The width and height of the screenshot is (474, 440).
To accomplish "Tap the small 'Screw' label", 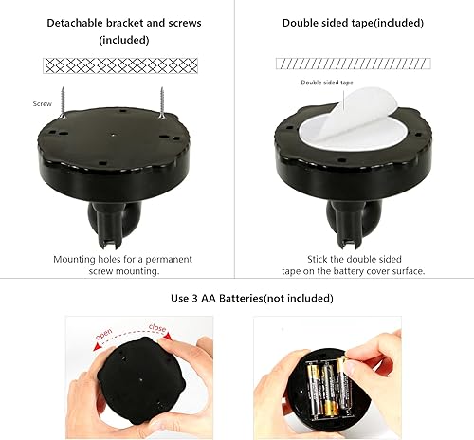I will pyautogui.click(x=42, y=104).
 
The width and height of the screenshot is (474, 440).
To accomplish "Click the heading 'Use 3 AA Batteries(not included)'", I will pyautogui.click(x=236, y=298).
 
